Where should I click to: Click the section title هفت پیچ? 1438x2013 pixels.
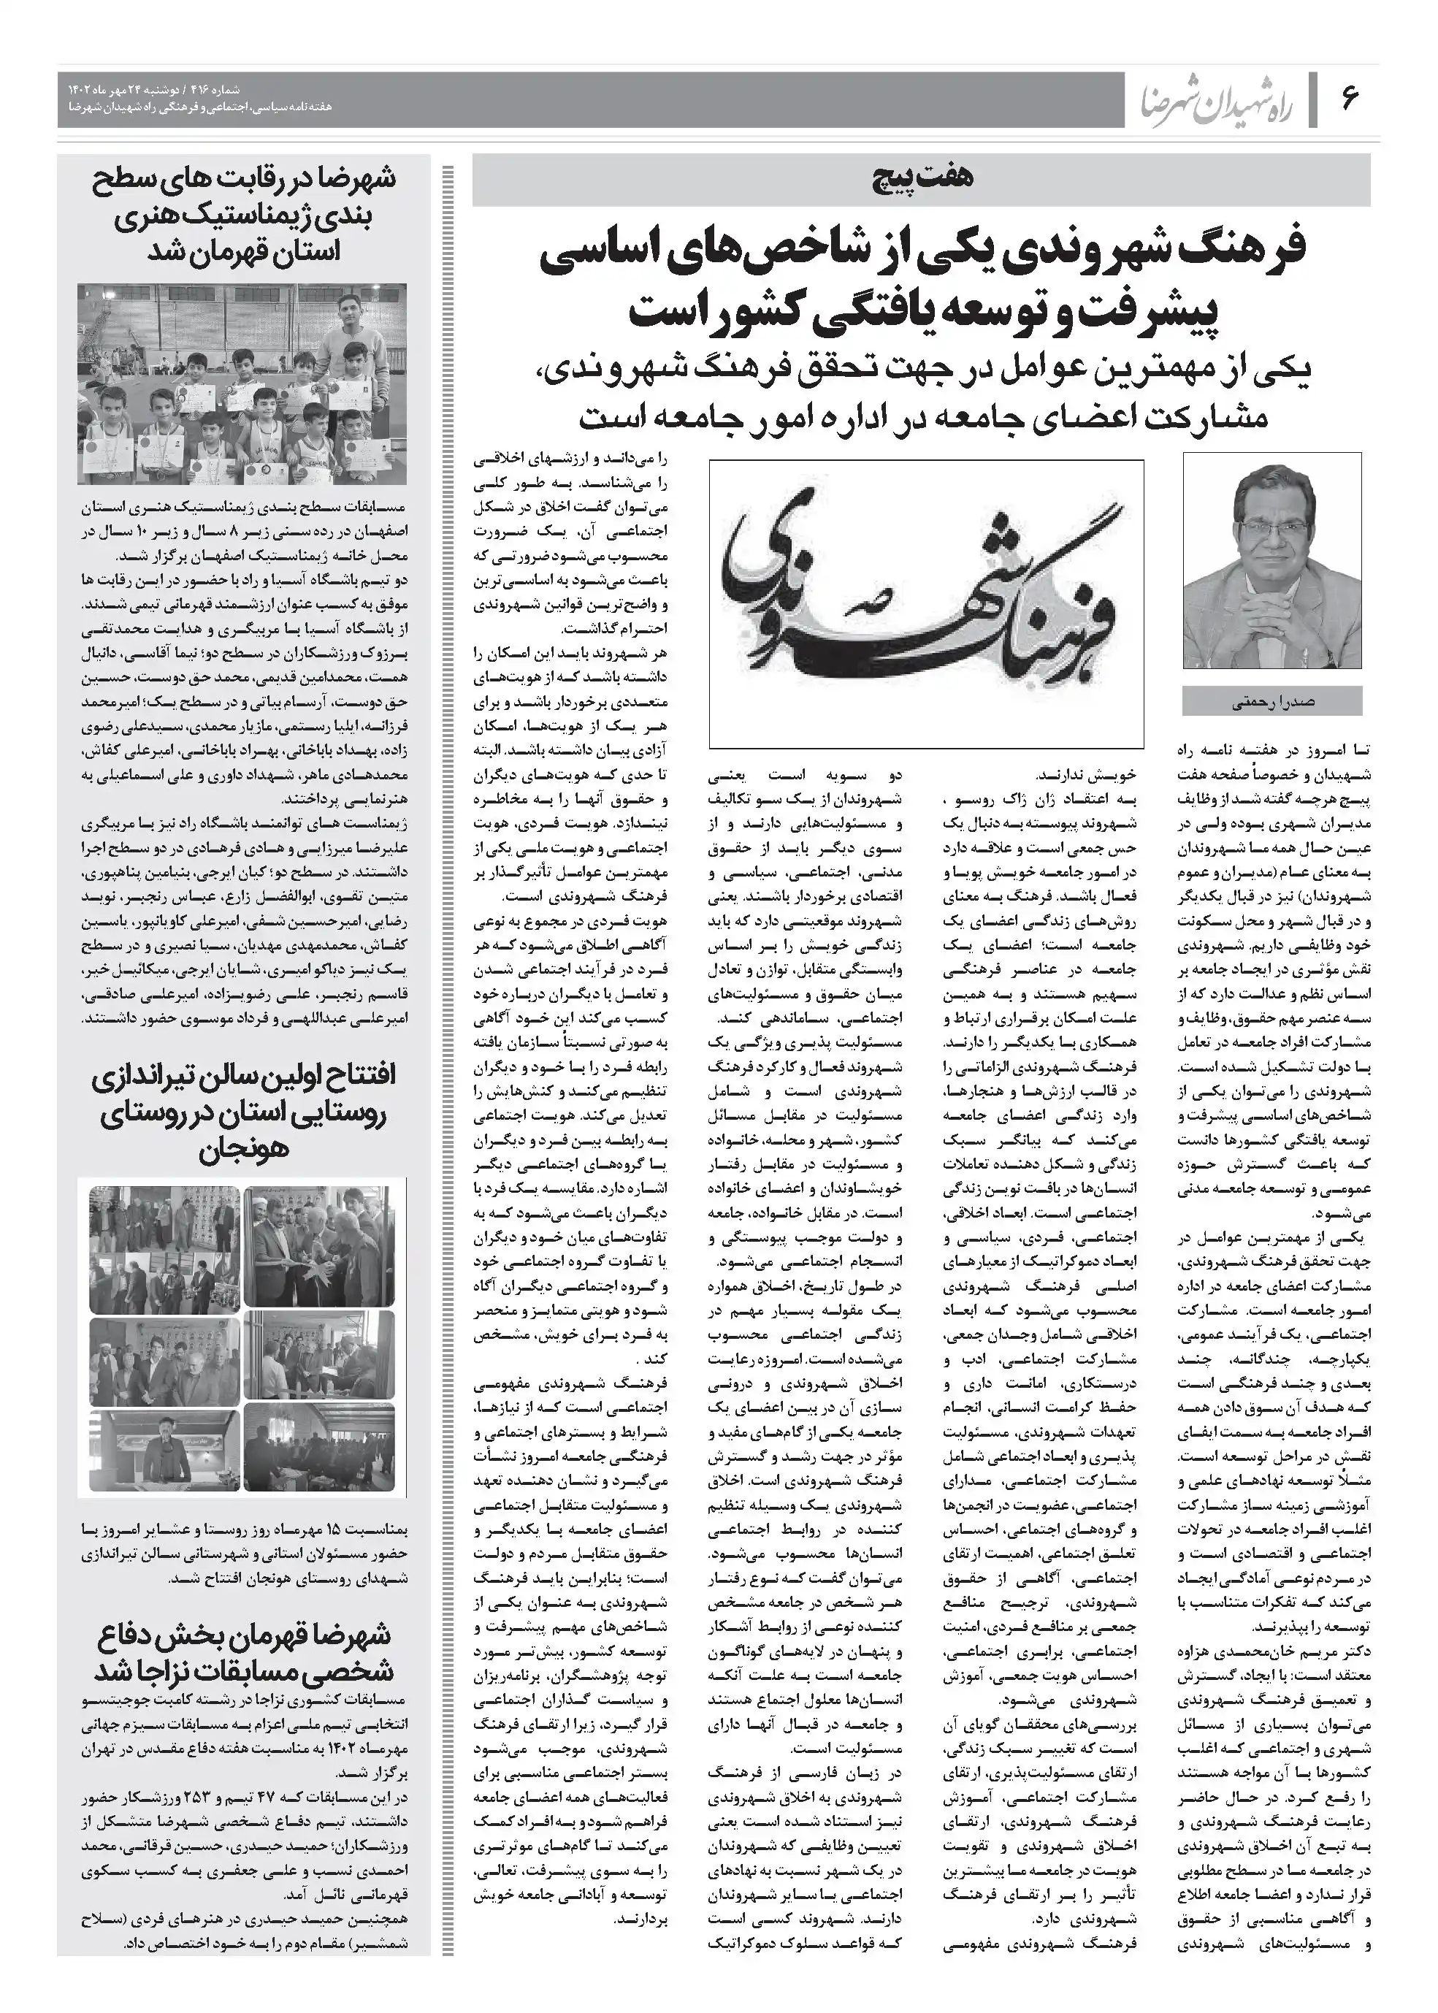tap(921, 179)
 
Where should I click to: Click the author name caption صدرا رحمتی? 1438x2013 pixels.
tap(1272, 701)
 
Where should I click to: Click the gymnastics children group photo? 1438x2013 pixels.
tap(242, 383)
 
